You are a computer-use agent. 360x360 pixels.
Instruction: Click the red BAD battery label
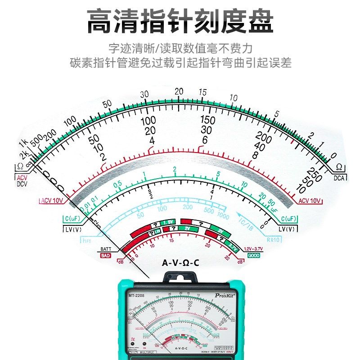106,255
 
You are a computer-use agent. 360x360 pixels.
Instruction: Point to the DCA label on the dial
339,178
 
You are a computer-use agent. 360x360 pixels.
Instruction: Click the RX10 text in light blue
273,240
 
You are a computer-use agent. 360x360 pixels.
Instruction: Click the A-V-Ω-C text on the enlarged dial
180,262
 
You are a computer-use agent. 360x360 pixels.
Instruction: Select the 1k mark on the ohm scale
23,144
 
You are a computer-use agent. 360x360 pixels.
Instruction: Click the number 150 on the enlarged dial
207,120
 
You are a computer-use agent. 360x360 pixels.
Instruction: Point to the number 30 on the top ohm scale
144,94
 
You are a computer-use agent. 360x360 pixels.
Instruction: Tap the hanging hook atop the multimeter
180,276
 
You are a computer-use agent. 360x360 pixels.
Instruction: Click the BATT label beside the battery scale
106,249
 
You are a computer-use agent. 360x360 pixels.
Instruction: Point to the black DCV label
22,184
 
